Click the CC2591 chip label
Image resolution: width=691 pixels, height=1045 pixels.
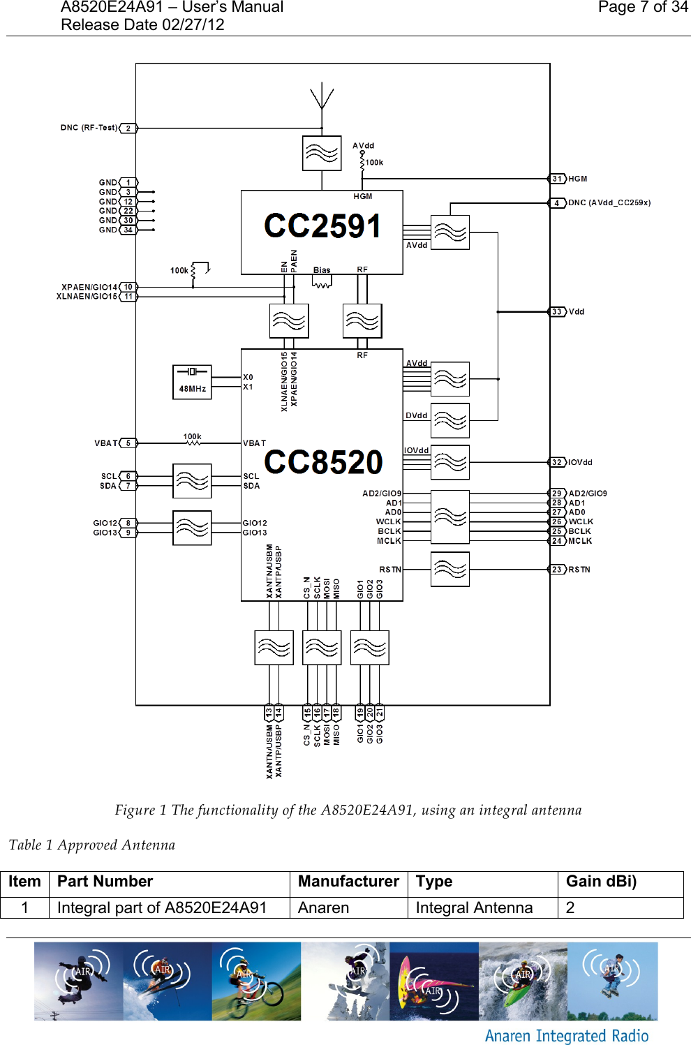322,226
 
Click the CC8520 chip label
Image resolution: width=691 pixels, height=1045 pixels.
323,462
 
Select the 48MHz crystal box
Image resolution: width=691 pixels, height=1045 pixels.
192,382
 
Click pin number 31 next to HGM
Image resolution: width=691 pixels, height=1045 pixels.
557,179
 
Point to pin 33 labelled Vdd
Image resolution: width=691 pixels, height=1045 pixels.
557,312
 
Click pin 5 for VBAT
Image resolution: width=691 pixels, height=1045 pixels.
128,443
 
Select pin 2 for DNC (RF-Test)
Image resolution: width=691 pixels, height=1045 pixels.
128,128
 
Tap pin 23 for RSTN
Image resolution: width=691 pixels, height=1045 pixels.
557,570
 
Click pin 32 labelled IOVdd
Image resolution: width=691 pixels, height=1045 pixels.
557,462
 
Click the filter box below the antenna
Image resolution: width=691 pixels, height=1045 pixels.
322,154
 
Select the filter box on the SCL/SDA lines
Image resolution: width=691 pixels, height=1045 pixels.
192,481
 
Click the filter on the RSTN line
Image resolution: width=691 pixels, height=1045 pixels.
450,570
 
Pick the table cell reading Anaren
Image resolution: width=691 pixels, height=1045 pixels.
324,907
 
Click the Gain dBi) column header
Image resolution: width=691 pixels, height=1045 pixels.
601,882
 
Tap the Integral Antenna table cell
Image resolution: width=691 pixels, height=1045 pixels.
474,907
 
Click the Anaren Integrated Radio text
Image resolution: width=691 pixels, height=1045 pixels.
567,1036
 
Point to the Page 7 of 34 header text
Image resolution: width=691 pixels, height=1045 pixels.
642,8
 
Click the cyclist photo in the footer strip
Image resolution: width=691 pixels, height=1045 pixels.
256,981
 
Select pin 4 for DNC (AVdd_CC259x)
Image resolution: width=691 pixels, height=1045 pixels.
557,203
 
